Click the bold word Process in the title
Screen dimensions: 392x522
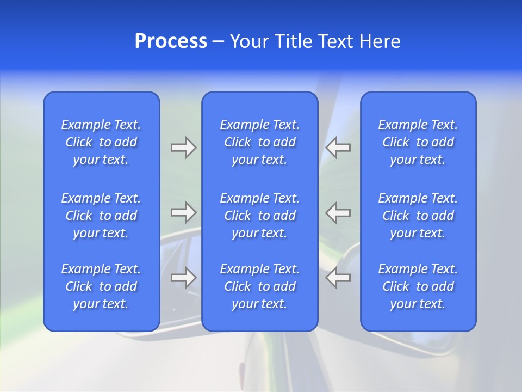pyautogui.click(x=171, y=41)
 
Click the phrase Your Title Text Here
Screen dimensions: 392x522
pyautogui.click(x=315, y=41)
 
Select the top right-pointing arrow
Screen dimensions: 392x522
pyautogui.click(x=183, y=148)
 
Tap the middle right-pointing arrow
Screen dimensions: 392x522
pyautogui.click(x=183, y=212)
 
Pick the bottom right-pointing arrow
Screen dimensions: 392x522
pyautogui.click(x=183, y=277)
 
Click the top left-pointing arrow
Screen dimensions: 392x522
pyautogui.click(x=338, y=148)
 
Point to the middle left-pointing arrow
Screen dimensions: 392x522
pyautogui.click(x=338, y=212)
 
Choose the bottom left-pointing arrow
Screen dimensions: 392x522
pyautogui.click(x=338, y=277)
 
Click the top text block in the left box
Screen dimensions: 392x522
pyautogui.click(x=101, y=142)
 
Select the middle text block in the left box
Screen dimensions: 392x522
pyautogui.click(x=101, y=216)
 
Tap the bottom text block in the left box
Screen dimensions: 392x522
pyautogui.click(x=101, y=286)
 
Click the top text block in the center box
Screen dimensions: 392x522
pyautogui.click(x=259, y=142)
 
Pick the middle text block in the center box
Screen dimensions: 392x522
pyautogui.click(x=259, y=216)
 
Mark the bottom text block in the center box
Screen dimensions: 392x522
pyautogui.click(x=259, y=286)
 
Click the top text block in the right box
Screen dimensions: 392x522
pyautogui.click(x=418, y=142)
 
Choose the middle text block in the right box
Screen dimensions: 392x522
pyautogui.click(x=418, y=216)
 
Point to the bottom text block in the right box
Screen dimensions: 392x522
pyautogui.click(x=418, y=286)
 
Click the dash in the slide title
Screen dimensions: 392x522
pyautogui.click(x=219, y=42)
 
